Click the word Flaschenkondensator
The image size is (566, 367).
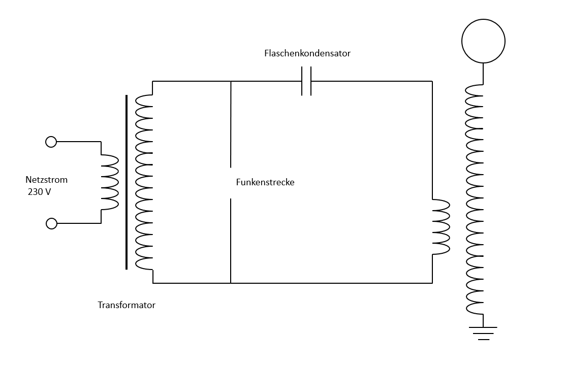[x=307, y=53]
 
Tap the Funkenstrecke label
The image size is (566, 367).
[x=265, y=182]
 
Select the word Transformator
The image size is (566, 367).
[x=127, y=305]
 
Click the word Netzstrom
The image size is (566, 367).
[x=46, y=180]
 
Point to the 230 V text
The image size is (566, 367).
[x=40, y=192]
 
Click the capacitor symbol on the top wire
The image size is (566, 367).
[x=306, y=81]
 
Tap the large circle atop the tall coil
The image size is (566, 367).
[x=483, y=41]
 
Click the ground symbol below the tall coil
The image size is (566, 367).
[x=483, y=332]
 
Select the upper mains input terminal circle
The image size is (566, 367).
[x=51, y=142]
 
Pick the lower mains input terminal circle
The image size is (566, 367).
[x=51, y=223]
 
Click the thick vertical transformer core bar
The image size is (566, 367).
[x=127, y=182]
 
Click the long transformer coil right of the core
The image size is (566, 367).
[x=144, y=182]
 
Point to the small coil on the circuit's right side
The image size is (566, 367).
[x=441, y=227]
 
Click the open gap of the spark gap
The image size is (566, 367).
[x=231, y=183]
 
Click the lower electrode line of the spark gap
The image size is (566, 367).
[x=231, y=241]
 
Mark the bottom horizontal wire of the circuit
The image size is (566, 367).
[x=330, y=283]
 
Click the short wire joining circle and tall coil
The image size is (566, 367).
[x=483, y=74]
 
